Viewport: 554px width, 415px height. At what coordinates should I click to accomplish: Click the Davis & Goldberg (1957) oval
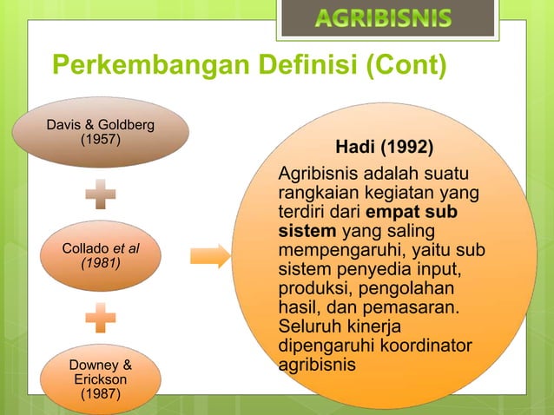(x=101, y=132)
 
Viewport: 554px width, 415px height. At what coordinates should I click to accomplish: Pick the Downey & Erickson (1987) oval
(x=101, y=379)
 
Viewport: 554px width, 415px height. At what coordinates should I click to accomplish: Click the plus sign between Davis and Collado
(x=101, y=194)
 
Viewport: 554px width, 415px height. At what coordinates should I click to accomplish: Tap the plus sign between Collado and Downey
(x=101, y=317)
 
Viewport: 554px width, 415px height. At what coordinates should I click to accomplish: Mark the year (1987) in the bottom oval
(x=101, y=396)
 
